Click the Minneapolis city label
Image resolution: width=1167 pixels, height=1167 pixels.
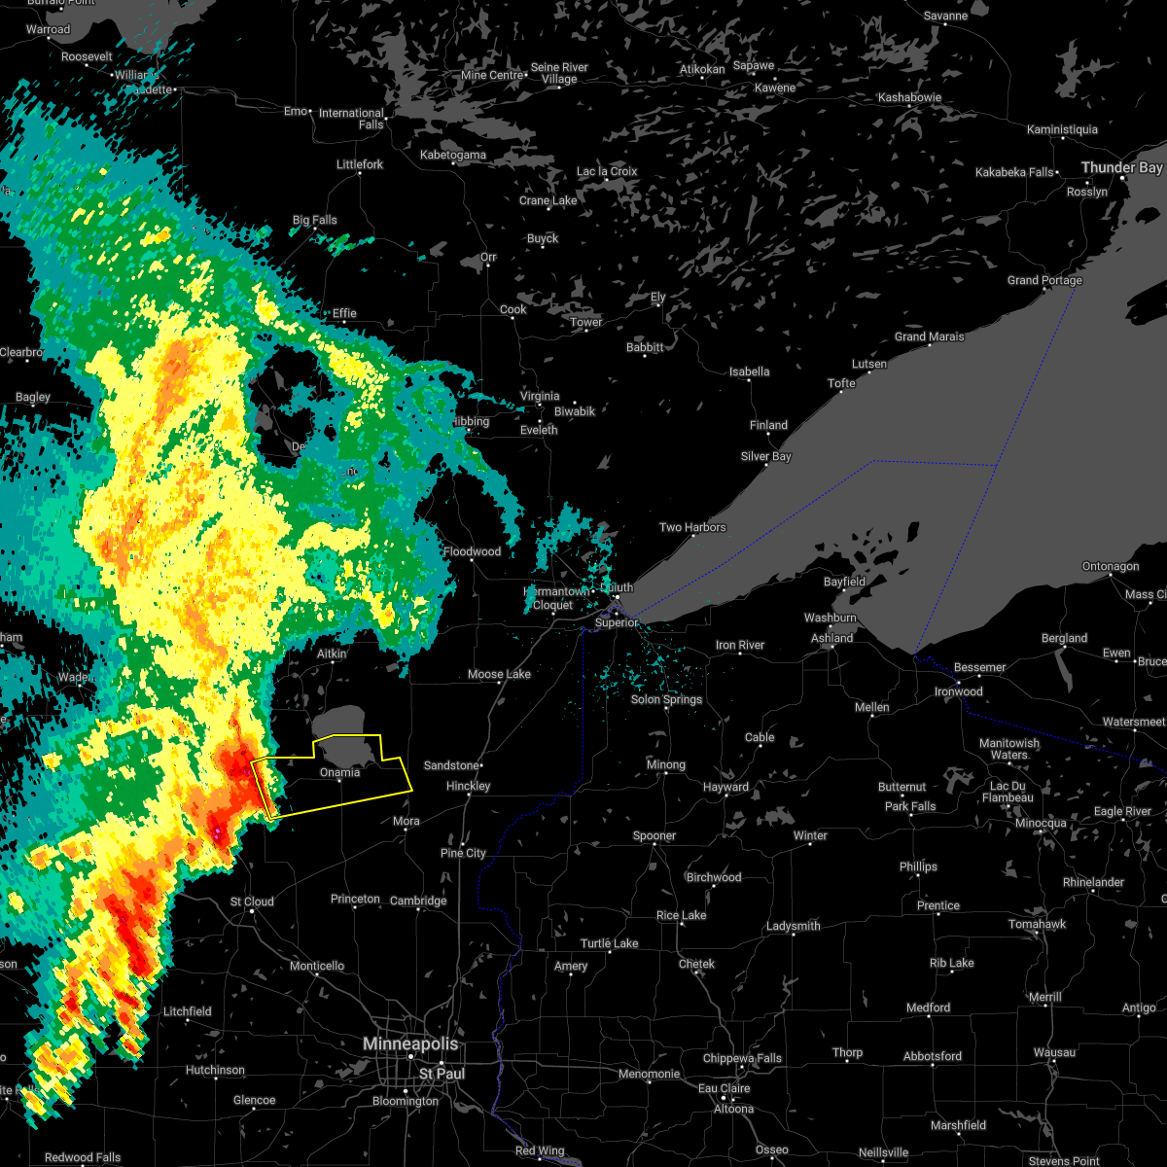tap(409, 1043)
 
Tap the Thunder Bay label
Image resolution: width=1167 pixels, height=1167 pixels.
tap(1121, 167)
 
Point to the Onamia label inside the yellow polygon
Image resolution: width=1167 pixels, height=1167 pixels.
tap(339, 772)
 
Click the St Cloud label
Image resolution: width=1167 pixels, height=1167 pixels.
tap(252, 902)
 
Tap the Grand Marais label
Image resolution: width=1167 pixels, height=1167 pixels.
tap(929, 336)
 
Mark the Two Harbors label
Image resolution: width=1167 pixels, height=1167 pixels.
tap(692, 527)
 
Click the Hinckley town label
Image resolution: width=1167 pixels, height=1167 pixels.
tap(468, 786)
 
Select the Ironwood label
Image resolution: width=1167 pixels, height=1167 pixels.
tap(958, 691)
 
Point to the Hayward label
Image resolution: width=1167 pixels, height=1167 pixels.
tap(725, 787)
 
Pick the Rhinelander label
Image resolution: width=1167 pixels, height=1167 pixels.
tap(1093, 882)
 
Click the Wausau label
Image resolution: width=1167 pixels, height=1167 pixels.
tap(1054, 1052)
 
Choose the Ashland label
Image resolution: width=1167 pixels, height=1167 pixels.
tap(831, 638)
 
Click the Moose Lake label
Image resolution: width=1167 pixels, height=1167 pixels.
tap(499, 674)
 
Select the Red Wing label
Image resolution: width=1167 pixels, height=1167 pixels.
tap(539, 1150)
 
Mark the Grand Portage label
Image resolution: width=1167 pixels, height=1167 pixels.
tap(1044, 280)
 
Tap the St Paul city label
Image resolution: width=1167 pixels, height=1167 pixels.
tap(442, 1074)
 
